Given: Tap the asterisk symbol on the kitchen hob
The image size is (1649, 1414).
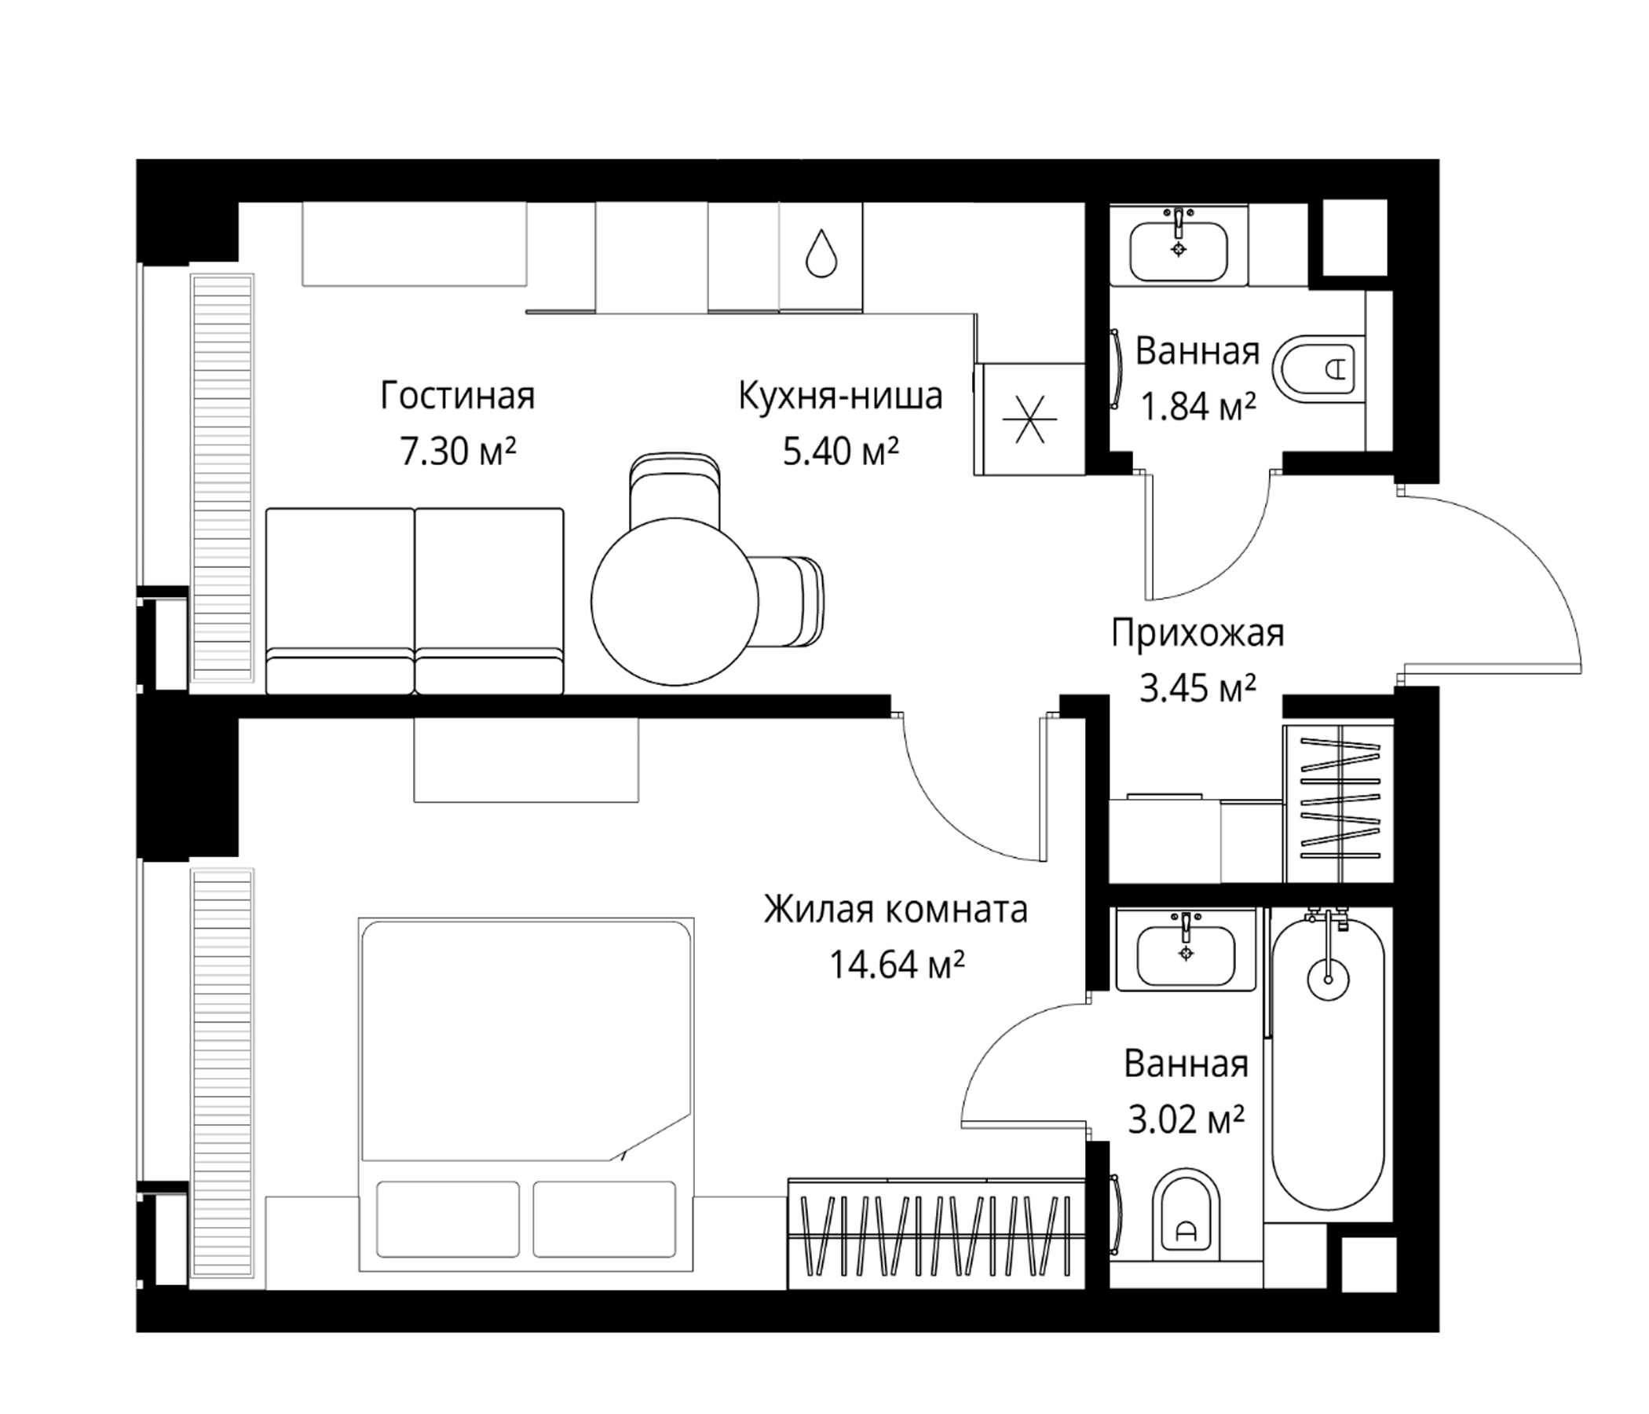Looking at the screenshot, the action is tap(1029, 419).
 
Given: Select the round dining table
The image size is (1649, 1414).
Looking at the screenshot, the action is tap(675, 601).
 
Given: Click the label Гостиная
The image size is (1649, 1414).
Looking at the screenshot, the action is tap(458, 396).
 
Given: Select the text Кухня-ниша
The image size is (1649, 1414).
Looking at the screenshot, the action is tap(840, 396).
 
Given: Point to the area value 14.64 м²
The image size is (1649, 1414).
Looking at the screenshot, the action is tap(897, 965).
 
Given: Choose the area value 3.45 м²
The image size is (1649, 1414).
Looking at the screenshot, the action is tap(1197, 689).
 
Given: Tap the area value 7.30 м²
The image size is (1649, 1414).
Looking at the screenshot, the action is tap(458, 452).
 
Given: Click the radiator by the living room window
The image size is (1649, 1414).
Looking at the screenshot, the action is tap(223, 478).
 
